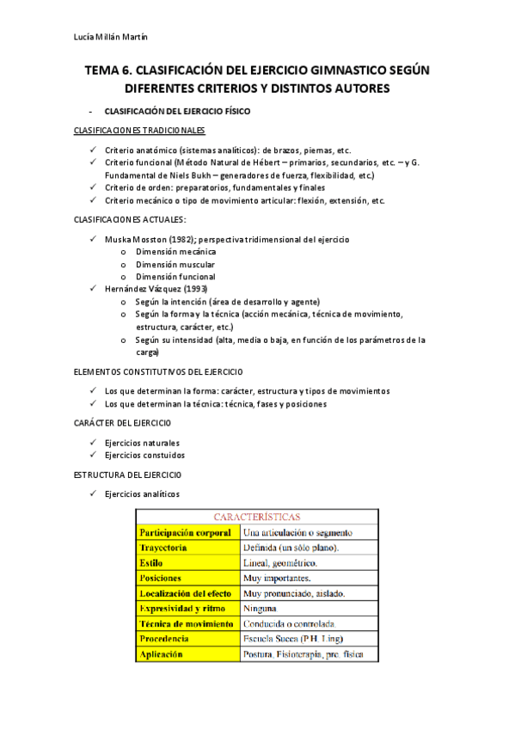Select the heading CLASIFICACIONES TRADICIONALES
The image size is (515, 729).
click(x=140, y=131)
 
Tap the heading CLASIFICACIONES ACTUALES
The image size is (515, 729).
click(x=130, y=219)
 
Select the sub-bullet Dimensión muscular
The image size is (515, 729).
click(x=175, y=264)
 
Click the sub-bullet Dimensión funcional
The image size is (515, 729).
click(x=175, y=277)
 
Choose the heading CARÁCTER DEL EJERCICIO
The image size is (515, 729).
click(x=123, y=423)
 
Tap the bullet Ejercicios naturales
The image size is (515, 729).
click(x=142, y=443)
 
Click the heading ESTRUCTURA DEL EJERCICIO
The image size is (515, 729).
click(x=127, y=475)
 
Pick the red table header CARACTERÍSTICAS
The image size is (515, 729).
click(x=257, y=518)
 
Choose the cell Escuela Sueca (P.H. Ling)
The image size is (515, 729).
click(x=294, y=639)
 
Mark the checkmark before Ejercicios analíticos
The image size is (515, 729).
click(x=94, y=494)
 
